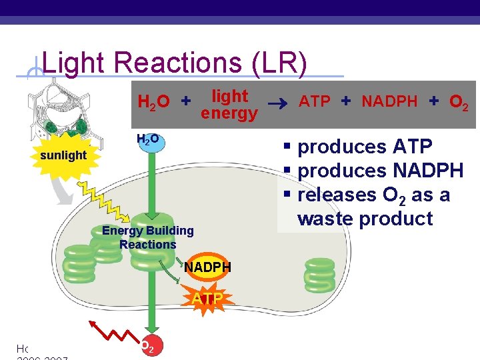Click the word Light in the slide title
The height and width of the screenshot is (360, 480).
coord(74,63)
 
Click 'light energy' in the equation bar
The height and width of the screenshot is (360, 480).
coord(229,105)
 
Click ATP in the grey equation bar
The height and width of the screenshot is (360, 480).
coord(314,102)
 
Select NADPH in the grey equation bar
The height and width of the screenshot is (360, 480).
coord(389,102)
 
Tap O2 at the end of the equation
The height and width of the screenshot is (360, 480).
coord(458,103)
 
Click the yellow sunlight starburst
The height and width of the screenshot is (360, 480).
coord(63,155)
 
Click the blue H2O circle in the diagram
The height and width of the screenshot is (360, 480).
coord(148,141)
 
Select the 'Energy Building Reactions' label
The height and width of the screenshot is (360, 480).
coord(148,237)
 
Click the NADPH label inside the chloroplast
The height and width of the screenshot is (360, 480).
coord(207,267)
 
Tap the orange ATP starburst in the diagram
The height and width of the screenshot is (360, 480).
coord(207,297)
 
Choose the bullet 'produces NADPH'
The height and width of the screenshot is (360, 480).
coord(380,171)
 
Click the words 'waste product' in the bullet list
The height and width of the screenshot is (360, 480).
coord(365,219)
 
